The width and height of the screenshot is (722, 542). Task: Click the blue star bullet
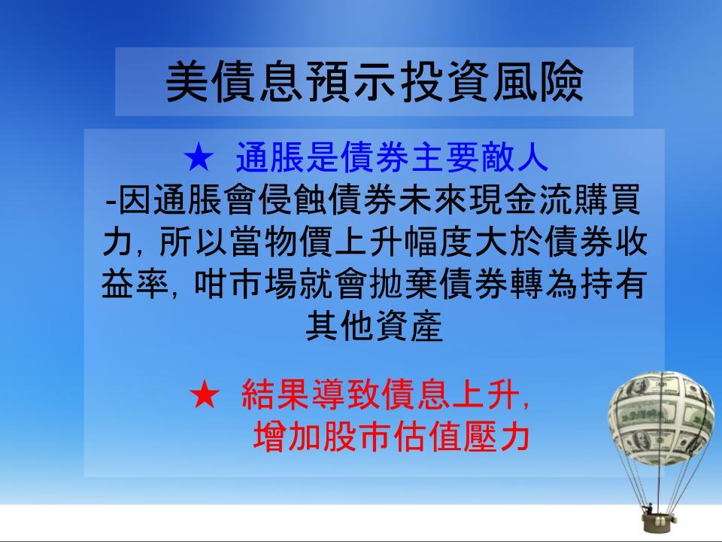pyautogui.click(x=199, y=157)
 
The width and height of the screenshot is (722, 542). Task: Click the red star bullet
pyautogui.click(x=205, y=394)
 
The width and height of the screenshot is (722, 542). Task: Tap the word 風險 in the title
pyautogui.click(x=538, y=81)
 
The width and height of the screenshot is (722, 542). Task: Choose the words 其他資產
pyautogui.click(x=375, y=325)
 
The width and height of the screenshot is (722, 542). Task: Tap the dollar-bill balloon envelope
pyautogui.click(x=662, y=418)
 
